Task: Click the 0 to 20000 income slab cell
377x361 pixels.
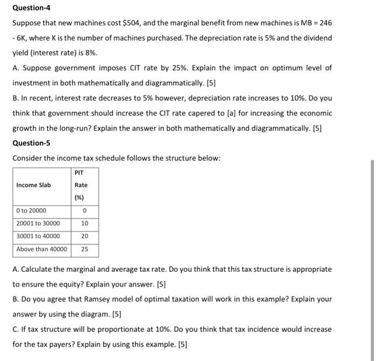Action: pyautogui.click(x=31, y=210)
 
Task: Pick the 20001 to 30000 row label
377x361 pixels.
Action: pyautogui.click(x=38, y=223)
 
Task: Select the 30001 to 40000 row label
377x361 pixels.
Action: pyautogui.click(x=38, y=236)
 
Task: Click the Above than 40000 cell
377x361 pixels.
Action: pyautogui.click(x=41, y=249)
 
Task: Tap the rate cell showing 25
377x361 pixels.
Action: pyautogui.click(x=85, y=249)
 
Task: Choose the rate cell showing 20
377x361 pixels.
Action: pyautogui.click(x=85, y=236)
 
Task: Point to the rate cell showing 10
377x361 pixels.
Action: pyautogui.click(x=85, y=223)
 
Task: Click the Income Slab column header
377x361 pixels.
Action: pyautogui.click(x=33, y=185)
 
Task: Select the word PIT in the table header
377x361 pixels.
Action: pyautogui.click(x=80, y=173)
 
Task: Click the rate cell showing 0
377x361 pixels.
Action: pyautogui.click(x=85, y=210)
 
